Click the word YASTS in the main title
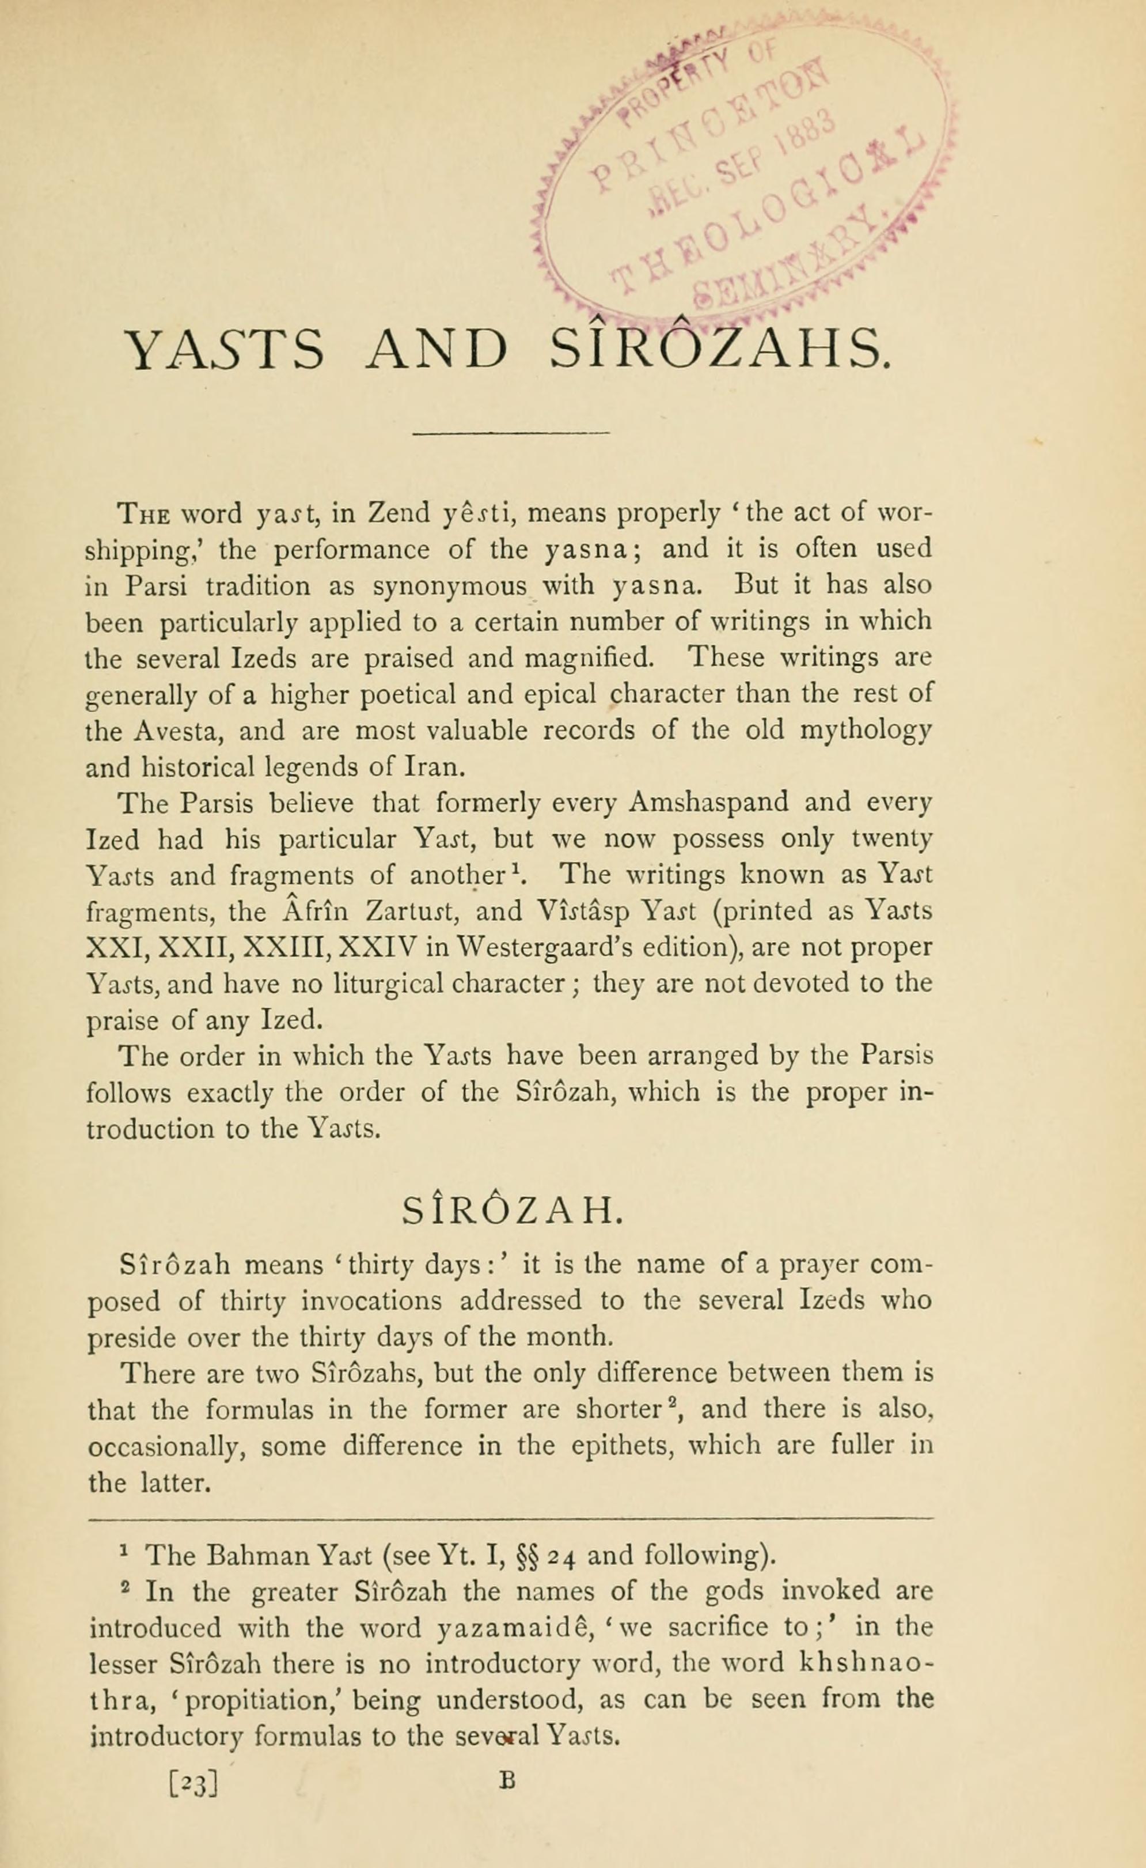(x=226, y=350)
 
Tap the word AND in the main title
(x=436, y=350)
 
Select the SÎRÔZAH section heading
(x=513, y=1211)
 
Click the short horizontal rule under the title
(x=510, y=434)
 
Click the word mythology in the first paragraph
(x=866, y=731)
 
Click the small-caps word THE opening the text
(x=137, y=514)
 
